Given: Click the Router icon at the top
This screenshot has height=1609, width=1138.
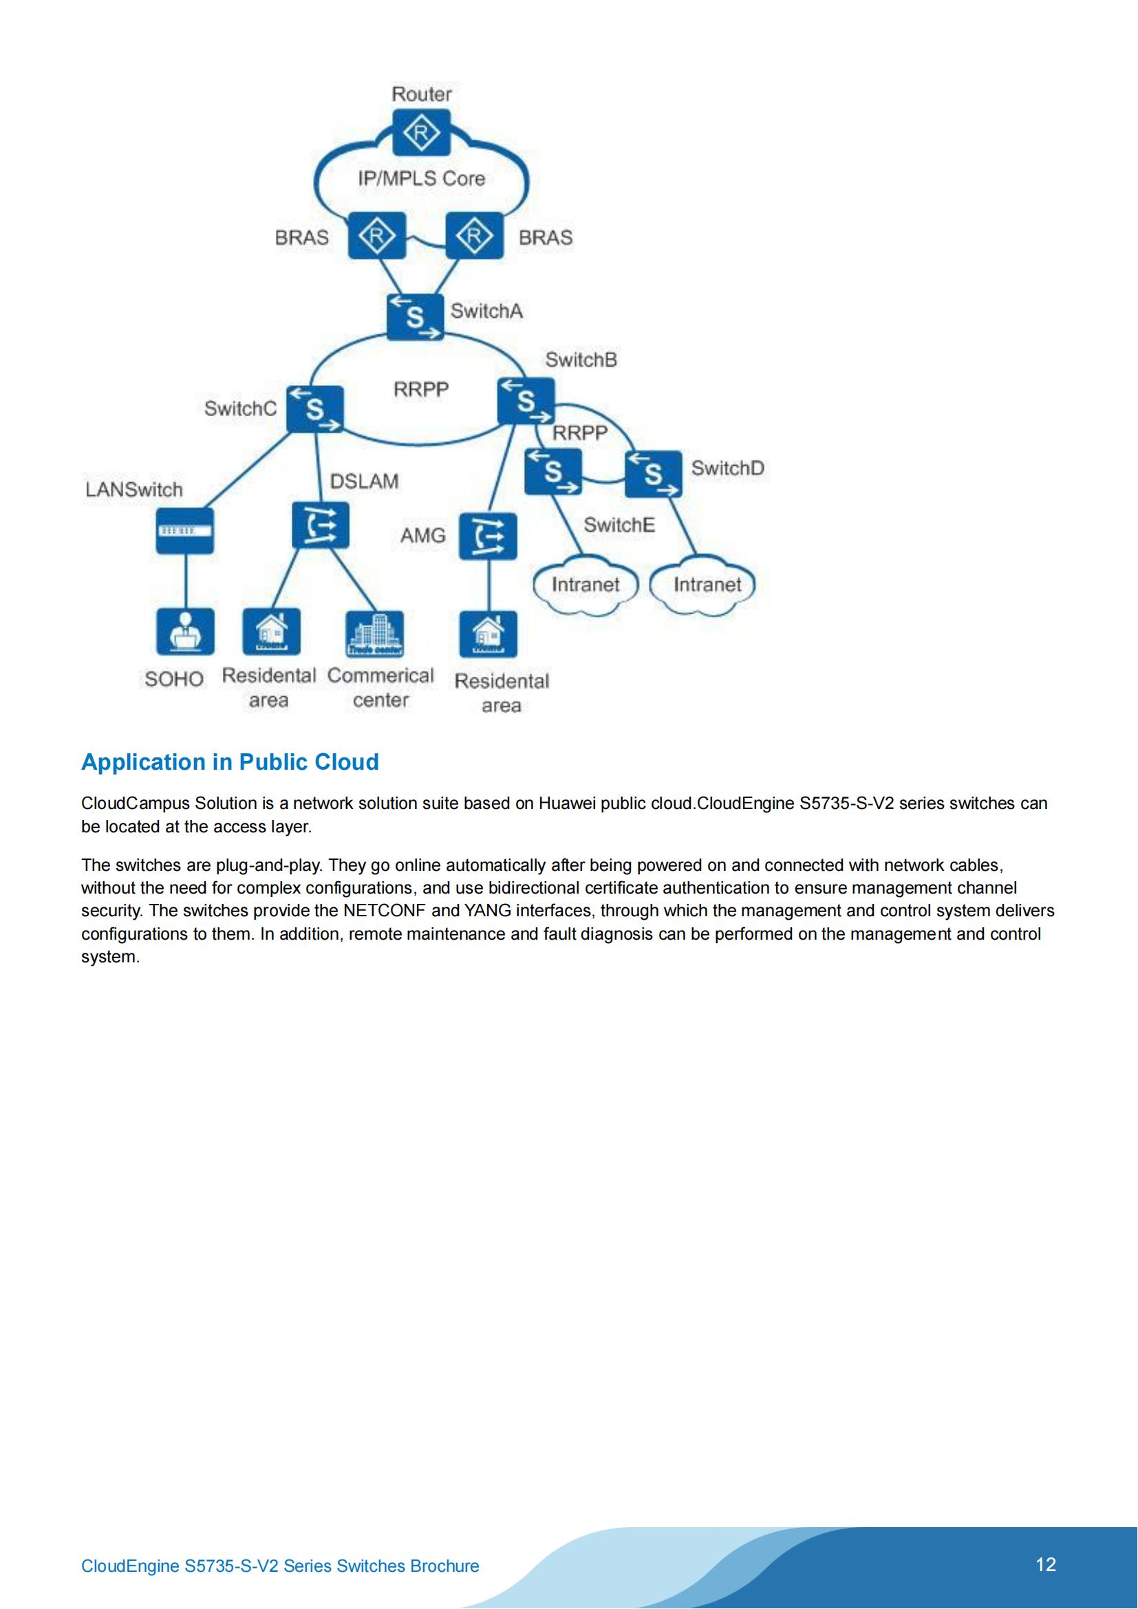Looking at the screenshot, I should click(421, 132).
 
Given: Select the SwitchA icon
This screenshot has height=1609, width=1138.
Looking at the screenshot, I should click(416, 316).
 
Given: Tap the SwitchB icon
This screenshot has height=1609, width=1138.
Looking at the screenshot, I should click(526, 401).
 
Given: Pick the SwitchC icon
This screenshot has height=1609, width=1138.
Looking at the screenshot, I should click(315, 409).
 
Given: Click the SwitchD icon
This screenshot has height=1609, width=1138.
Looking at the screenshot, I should click(653, 474).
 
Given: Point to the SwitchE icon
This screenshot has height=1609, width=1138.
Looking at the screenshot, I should click(553, 471).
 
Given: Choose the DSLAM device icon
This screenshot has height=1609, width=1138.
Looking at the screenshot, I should click(320, 524).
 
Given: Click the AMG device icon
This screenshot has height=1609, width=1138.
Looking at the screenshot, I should click(488, 536).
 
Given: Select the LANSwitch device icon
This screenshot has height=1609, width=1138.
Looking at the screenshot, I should click(184, 530).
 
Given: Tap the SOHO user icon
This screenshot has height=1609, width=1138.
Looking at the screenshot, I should click(185, 631).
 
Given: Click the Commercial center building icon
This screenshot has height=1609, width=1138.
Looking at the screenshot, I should click(375, 634).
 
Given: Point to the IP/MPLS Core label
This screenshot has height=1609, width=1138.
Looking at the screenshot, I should click(421, 179).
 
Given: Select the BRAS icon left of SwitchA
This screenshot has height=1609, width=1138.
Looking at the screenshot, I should click(377, 235).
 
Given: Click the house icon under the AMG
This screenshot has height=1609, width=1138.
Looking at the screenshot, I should click(488, 634).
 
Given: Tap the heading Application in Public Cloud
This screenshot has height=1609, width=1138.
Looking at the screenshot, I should click(230, 762).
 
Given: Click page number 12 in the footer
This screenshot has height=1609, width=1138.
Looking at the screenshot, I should click(1046, 1564).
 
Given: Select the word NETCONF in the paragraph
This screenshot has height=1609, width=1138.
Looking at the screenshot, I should click(384, 910).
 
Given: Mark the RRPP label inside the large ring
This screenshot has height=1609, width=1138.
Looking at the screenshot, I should click(420, 389).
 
